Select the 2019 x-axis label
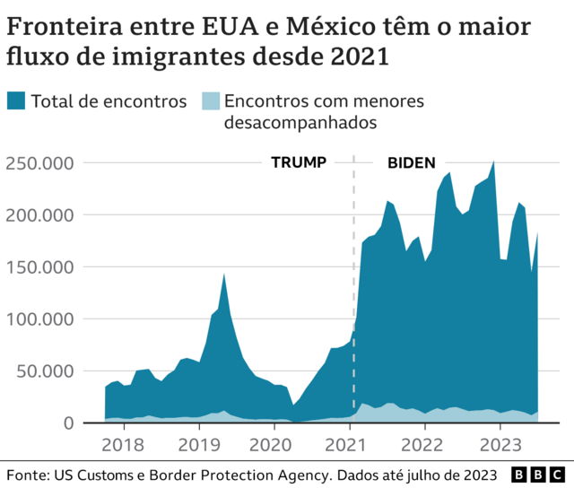click(x=198, y=444)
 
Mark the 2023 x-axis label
click(x=498, y=444)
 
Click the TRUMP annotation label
click(x=299, y=163)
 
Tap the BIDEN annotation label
click(x=412, y=163)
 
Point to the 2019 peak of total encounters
click(x=223, y=274)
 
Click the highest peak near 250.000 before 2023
click(x=493, y=162)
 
